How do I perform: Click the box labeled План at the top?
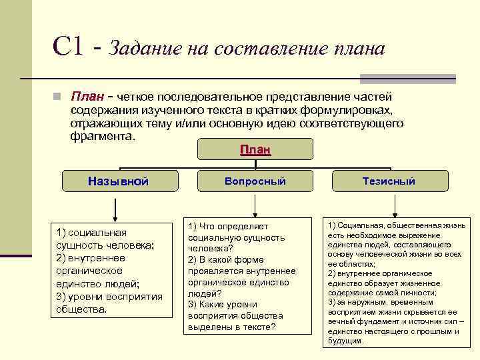coord(255,150)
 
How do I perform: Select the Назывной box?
coord(119,181)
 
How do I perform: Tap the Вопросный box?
coord(255,181)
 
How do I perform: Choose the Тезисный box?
coord(389,181)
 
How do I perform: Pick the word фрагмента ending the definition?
coord(102,137)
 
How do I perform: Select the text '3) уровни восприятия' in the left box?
coord(109,296)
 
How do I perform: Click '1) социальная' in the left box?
coord(92,232)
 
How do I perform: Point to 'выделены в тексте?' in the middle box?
coord(231,327)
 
